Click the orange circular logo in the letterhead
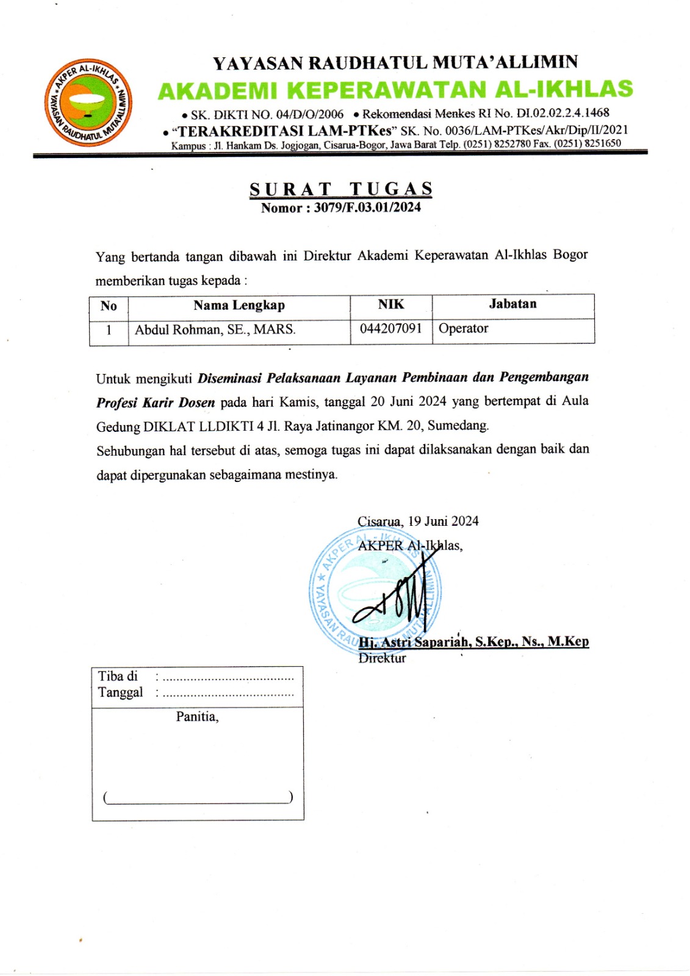pyautogui.click(x=89, y=102)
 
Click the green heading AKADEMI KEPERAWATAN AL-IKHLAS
pyautogui.click(x=395, y=90)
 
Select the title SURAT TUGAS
pyautogui.click(x=341, y=189)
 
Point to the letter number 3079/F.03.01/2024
pyautogui.click(x=367, y=207)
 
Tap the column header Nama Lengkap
pyautogui.click(x=239, y=306)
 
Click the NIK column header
pyautogui.click(x=391, y=304)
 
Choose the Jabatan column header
pyautogui.click(x=512, y=304)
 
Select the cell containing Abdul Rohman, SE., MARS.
pyautogui.click(x=215, y=330)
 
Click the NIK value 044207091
pyautogui.click(x=391, y=329)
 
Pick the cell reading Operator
pyautogui.click(x=464, y=329)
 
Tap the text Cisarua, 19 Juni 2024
pyautogui.click(x=418, y=522)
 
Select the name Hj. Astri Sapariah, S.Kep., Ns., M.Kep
pyautogui.click(x=474, y=642)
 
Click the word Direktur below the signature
pyautogui.click(x=383, y=658)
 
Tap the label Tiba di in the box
pyautogui.click(x=118, y=676)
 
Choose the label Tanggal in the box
pyautogui.click(x=121, y=692)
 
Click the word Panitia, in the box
pyautogui.click(x=197, y=717)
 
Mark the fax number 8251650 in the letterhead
pyautogui.click(x=602, y=144)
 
